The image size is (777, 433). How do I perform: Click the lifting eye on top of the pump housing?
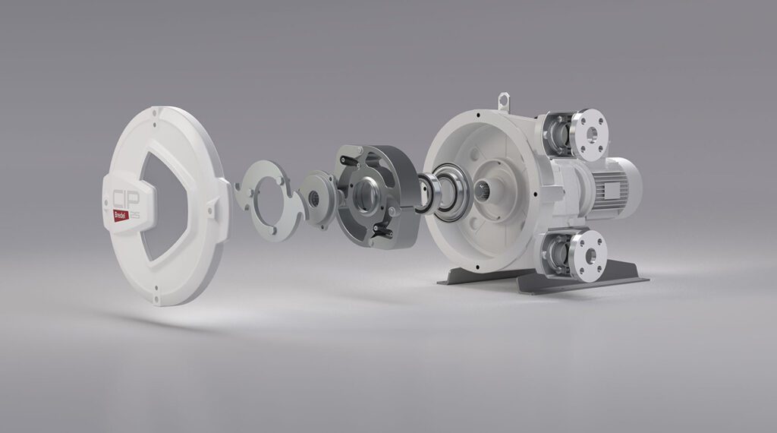pos(503,101)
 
